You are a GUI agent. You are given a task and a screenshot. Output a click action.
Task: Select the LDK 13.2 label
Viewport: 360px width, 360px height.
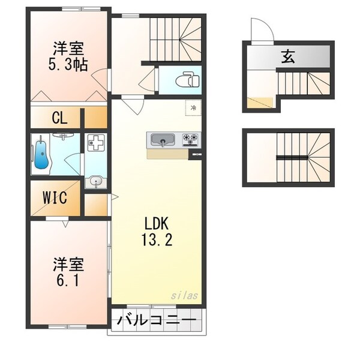[x=158, y=232]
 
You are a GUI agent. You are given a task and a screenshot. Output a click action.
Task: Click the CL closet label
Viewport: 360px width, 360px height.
[x=59, y=117]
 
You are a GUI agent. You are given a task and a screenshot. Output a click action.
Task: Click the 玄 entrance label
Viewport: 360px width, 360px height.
[x=288, y=58]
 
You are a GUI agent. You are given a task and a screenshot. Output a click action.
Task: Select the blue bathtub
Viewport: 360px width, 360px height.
[x=41, y=155]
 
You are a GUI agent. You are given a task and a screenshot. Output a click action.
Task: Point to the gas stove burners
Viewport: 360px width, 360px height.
[x=192, y=140]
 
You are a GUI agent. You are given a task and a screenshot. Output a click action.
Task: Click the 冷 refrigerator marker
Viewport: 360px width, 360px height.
[x=193, y=108]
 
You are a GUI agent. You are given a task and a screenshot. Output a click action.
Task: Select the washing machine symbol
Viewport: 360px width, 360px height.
[x=95, y=144]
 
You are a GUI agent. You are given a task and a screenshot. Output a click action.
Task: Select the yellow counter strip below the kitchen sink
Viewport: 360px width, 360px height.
[x=167, y=154]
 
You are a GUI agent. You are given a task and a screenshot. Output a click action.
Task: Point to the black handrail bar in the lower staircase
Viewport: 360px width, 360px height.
[x=292, y=157]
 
